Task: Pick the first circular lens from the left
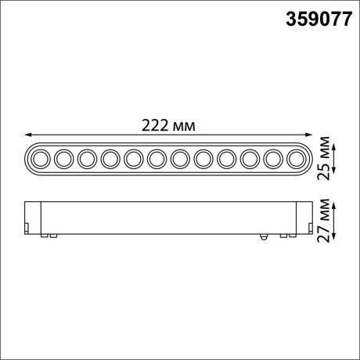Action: pyautogui.click(x=40, y=159)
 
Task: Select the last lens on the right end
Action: pyautogui.click(x=297, y=159)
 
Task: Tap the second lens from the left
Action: pyautogui.click(x=63, y=159)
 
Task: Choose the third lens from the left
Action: pyautogui.click(x=87, y=159)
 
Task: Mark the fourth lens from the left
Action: pyautogui.click(x=110, y=159)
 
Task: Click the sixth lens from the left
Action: pyautogui.click(x=157, y=159)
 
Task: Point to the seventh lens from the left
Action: pyautogui.click(x=181, y=159)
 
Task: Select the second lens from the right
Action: pyautogui.click(x=274, y=159)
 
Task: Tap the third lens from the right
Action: pyautogui.click(x=250, y=159)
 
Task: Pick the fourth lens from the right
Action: pyautogui.click(x=227, y=159)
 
